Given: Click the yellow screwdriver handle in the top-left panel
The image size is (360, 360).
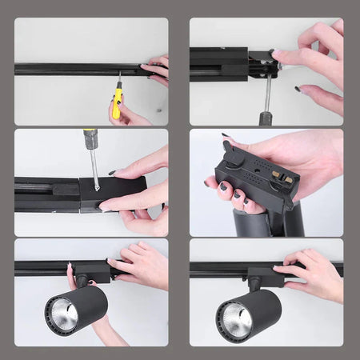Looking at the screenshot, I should coord(118,102).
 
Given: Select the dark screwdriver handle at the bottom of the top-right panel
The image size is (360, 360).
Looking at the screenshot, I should coord(266,118).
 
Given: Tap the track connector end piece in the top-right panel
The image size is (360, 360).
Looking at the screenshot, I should coord(262,64).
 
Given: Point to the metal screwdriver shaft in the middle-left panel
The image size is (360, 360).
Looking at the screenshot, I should coord(94,168).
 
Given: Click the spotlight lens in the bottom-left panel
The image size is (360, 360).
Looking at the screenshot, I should coord(62,314).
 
